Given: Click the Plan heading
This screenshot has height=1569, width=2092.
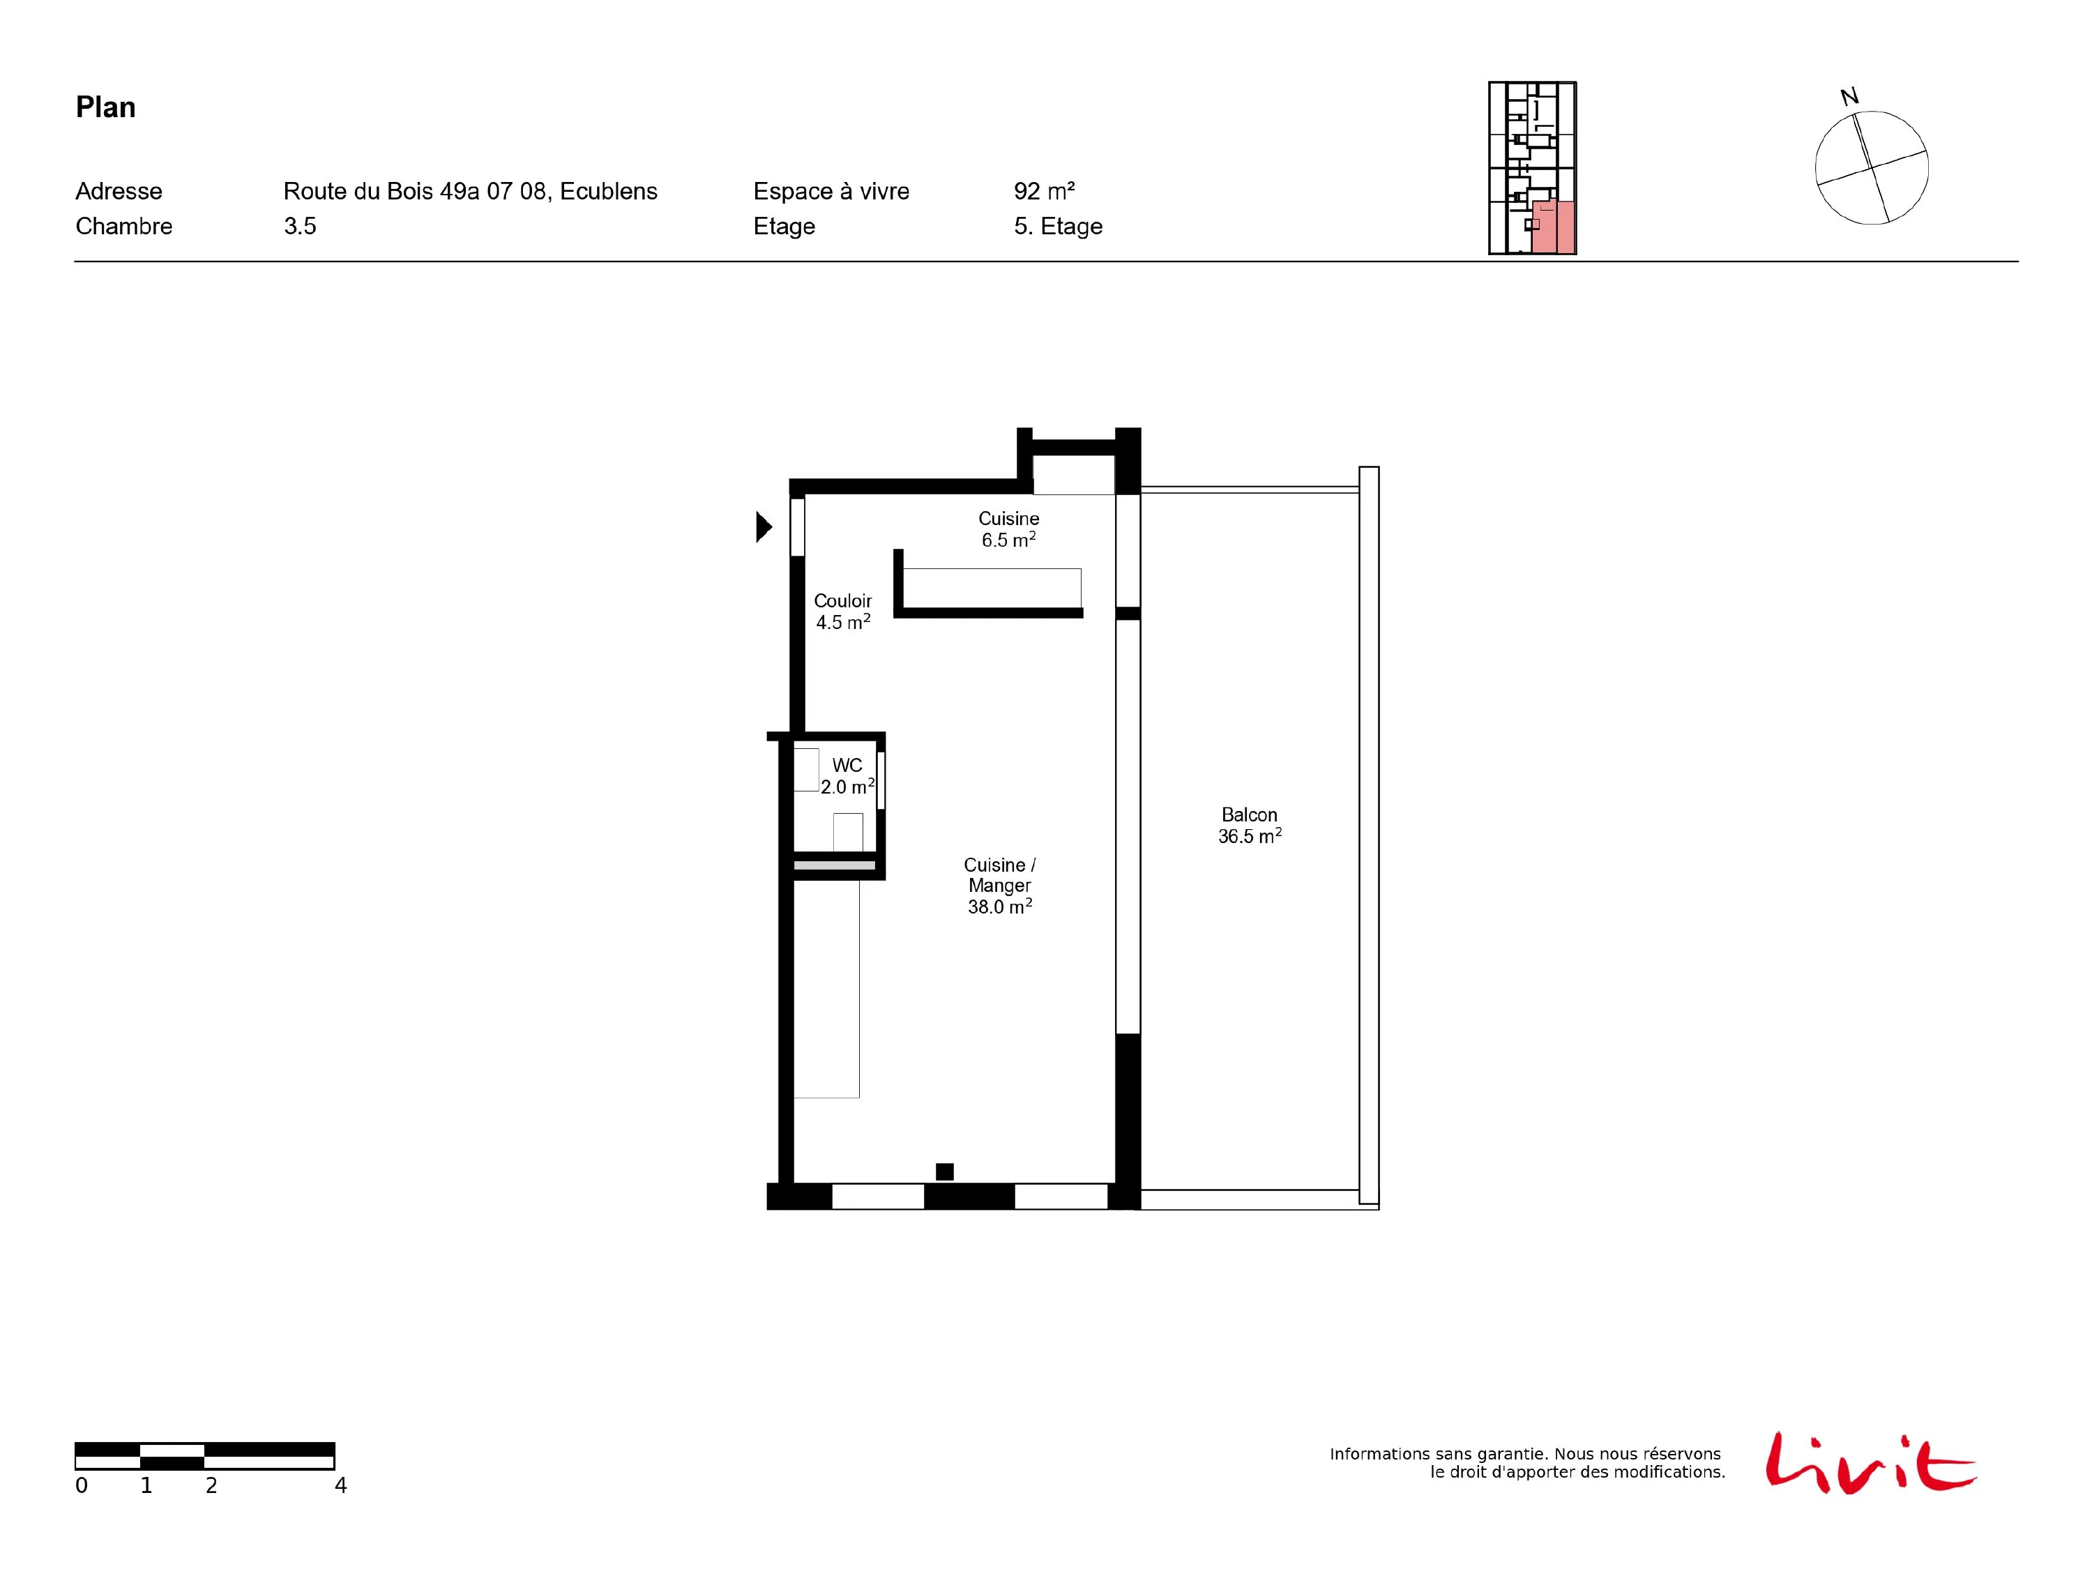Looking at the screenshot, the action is point(106,107).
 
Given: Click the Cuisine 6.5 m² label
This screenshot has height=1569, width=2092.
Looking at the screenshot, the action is point(1008,529).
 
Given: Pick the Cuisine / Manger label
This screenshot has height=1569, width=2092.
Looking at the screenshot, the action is point(1000,885).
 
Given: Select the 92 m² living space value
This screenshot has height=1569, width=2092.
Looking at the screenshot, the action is point(1044,191).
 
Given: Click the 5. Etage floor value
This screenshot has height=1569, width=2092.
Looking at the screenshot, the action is point(1059,226).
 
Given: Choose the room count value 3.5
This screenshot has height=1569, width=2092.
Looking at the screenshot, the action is point(300,226).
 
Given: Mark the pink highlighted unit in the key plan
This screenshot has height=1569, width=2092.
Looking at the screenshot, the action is point(1554,227).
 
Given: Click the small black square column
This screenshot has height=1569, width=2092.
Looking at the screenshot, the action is point(945,1172).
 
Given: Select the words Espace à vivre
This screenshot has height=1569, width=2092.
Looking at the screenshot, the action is point(831,191).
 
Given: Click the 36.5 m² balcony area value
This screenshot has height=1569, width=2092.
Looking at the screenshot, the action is point(1250,836).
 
